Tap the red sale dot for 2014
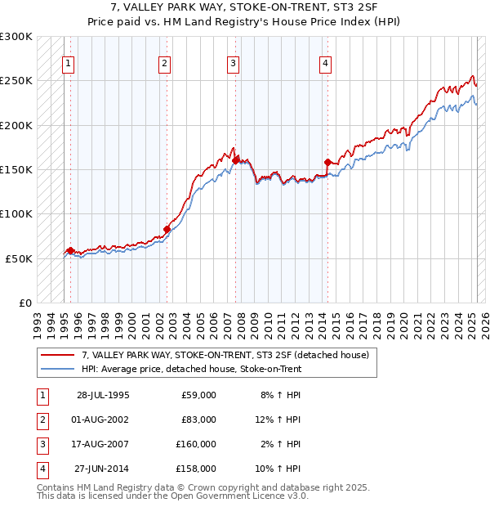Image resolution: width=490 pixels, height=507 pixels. click(327, 162)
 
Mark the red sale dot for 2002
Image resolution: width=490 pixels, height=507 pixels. click(167, 229)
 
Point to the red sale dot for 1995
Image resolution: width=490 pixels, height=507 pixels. click(71, 250)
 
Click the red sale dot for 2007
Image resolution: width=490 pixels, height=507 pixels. click(235, 160)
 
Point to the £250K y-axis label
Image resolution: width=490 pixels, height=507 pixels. click(16, 81)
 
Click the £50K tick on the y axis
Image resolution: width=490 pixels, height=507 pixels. click(20, 258)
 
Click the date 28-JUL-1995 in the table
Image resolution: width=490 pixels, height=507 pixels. click(103, 395)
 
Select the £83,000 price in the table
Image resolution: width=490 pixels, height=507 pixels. click(198, 420)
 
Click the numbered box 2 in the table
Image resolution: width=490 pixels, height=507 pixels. click(42, 420)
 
